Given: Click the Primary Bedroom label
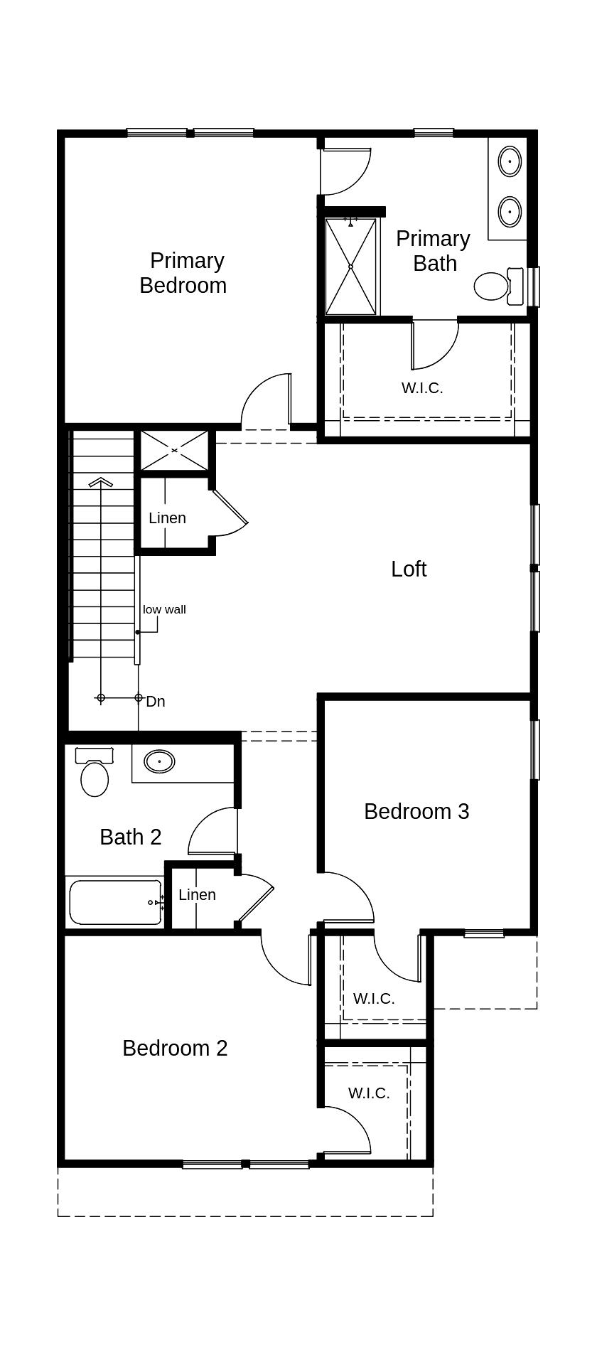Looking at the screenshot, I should tap(183, 273).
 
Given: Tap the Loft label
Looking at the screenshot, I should tap(409, 569).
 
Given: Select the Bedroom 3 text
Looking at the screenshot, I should tap(416, 811).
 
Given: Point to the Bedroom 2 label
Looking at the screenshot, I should tap(175, 1048).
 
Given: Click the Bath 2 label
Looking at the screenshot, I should tap(131, 837).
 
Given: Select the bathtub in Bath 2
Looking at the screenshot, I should tap(115, 903).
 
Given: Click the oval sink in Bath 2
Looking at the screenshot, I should tap(160, 762).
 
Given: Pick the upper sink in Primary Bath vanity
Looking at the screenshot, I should tap(510, 162).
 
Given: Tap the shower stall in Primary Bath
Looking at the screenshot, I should tap(350, 267).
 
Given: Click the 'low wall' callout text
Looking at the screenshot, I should tap(164, 609).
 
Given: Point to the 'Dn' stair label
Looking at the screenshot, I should tap(156, 702).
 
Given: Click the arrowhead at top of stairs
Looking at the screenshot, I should tap(101, 482).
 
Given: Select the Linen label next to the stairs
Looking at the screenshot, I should tap(168, 518).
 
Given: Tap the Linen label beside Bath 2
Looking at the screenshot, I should tap(197, 895).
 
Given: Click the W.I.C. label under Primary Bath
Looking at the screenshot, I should tap(422, 388).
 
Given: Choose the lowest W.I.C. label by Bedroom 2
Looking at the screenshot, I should tap(369, 1093).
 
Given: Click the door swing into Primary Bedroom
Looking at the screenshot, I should tap(267, 402).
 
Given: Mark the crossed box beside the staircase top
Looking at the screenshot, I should tap(174, 450).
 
